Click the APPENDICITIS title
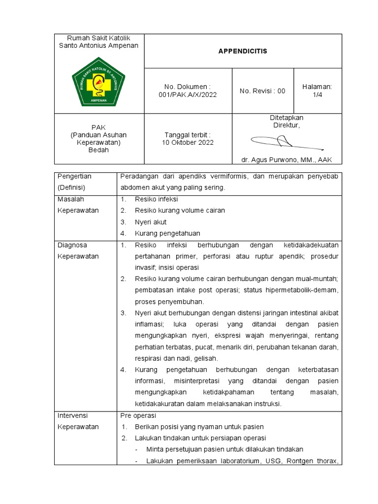click(243, 51)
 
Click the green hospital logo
click(98, 82)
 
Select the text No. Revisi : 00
click(262, 91)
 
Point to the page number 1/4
click(317, 95)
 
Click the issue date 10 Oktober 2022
click(188, 143)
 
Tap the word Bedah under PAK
click(98, 150)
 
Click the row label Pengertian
click(74, 176)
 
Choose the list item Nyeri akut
click(151, 222)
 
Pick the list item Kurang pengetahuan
click(167, 233)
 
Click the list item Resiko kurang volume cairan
click(180, 211)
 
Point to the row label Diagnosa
click(72, 245)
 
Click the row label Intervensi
click(72, 415)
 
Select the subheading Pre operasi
click(138, 415)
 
